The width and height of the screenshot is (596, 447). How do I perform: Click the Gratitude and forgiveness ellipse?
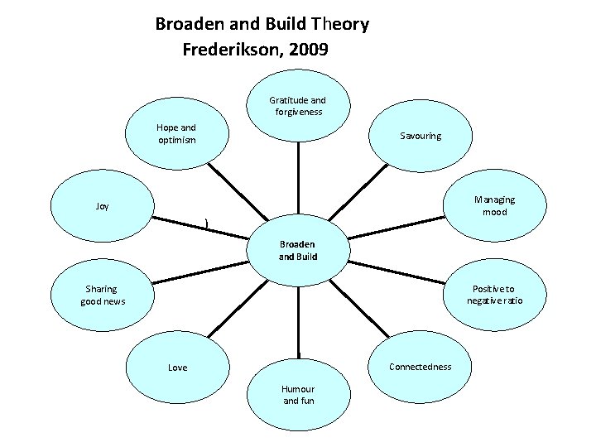[298, 106]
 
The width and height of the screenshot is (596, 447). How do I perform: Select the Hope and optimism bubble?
[176, 133]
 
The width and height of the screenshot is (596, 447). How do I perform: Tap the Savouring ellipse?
[421, 135]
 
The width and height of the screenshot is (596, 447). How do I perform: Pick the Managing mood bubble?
[495, 205]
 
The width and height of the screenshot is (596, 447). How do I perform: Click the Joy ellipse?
[102, 206]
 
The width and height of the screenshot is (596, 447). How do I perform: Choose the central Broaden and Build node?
[298, 250]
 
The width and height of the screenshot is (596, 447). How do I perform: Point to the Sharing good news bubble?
[103, 295]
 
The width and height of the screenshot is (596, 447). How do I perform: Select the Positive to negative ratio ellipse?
[494, 295]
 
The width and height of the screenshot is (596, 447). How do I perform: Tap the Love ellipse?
[178, 367]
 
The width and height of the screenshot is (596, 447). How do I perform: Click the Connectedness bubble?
[420, 366]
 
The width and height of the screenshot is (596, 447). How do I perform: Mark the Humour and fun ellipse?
[298, 395]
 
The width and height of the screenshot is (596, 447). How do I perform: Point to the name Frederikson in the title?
[232, 50]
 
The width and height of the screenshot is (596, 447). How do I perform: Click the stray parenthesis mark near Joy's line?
[206, 222]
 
